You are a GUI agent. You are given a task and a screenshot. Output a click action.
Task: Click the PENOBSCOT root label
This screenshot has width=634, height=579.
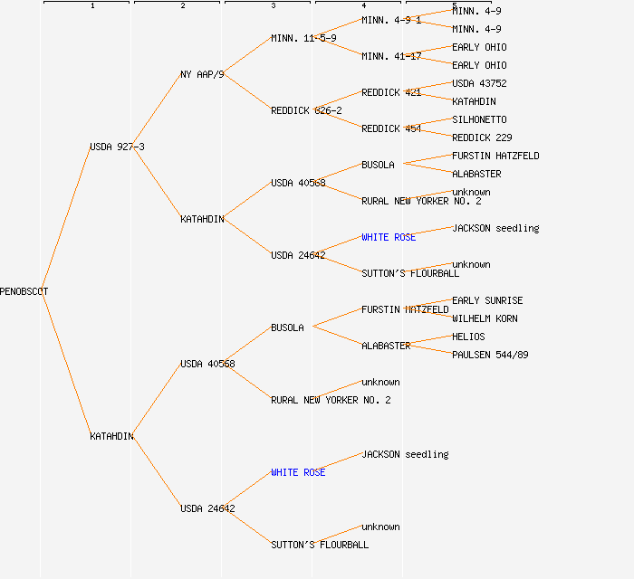(24, 291)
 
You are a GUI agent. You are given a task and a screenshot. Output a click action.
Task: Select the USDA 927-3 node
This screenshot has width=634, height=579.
(117, 147)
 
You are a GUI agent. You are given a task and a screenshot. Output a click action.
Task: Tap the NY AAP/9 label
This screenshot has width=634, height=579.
(202, 74)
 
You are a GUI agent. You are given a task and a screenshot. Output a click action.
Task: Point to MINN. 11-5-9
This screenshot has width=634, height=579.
(303, 38)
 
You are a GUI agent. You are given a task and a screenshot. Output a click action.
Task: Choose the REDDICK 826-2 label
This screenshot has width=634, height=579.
(306, 110)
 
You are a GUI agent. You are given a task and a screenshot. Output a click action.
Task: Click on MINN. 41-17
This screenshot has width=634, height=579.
(391, 56)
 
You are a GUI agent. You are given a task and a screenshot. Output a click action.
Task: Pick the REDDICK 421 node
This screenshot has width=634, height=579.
(391, 92)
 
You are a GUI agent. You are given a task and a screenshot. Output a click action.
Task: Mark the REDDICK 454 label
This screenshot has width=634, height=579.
(391, 128)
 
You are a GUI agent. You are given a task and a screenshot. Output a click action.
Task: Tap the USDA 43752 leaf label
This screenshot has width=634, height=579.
(479, 83)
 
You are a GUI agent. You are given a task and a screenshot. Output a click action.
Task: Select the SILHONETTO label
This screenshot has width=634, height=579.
(479, 119)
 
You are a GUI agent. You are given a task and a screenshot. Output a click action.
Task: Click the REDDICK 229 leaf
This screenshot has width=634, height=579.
(482, 138)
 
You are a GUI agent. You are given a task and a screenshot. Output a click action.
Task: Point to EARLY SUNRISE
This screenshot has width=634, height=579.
(487, 300)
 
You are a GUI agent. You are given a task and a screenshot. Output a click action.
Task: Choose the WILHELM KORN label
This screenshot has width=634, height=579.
(485, 318)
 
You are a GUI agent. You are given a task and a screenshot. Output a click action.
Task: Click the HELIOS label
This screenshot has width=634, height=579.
(468, 337)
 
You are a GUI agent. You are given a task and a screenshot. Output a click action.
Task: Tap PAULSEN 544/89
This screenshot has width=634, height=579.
(490, 355)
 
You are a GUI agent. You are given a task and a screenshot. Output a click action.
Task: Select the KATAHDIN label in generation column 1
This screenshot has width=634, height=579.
(111, 436)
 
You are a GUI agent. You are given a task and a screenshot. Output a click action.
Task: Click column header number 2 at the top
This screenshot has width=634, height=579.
(182, 6)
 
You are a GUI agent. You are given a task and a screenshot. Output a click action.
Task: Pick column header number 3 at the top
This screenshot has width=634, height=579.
(273, 6)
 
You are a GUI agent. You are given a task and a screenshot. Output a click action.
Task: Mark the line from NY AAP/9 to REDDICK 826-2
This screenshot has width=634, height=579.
(247, 92)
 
